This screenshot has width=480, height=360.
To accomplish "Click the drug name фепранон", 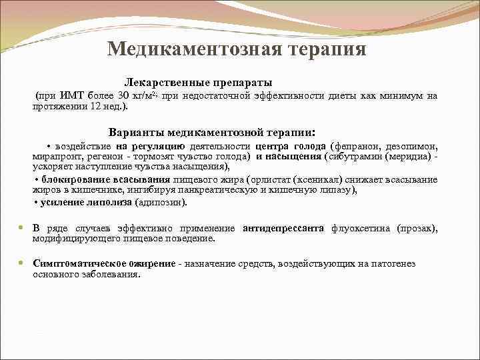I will click(363, 147).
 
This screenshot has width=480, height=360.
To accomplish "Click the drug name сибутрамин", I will click(355, 157).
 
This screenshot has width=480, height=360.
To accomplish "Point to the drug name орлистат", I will click(271, 180).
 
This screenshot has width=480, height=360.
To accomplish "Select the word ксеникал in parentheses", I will click(317, 180).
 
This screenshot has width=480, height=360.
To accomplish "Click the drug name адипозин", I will click(160, 202).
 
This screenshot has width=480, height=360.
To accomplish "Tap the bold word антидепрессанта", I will click(283, 228).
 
